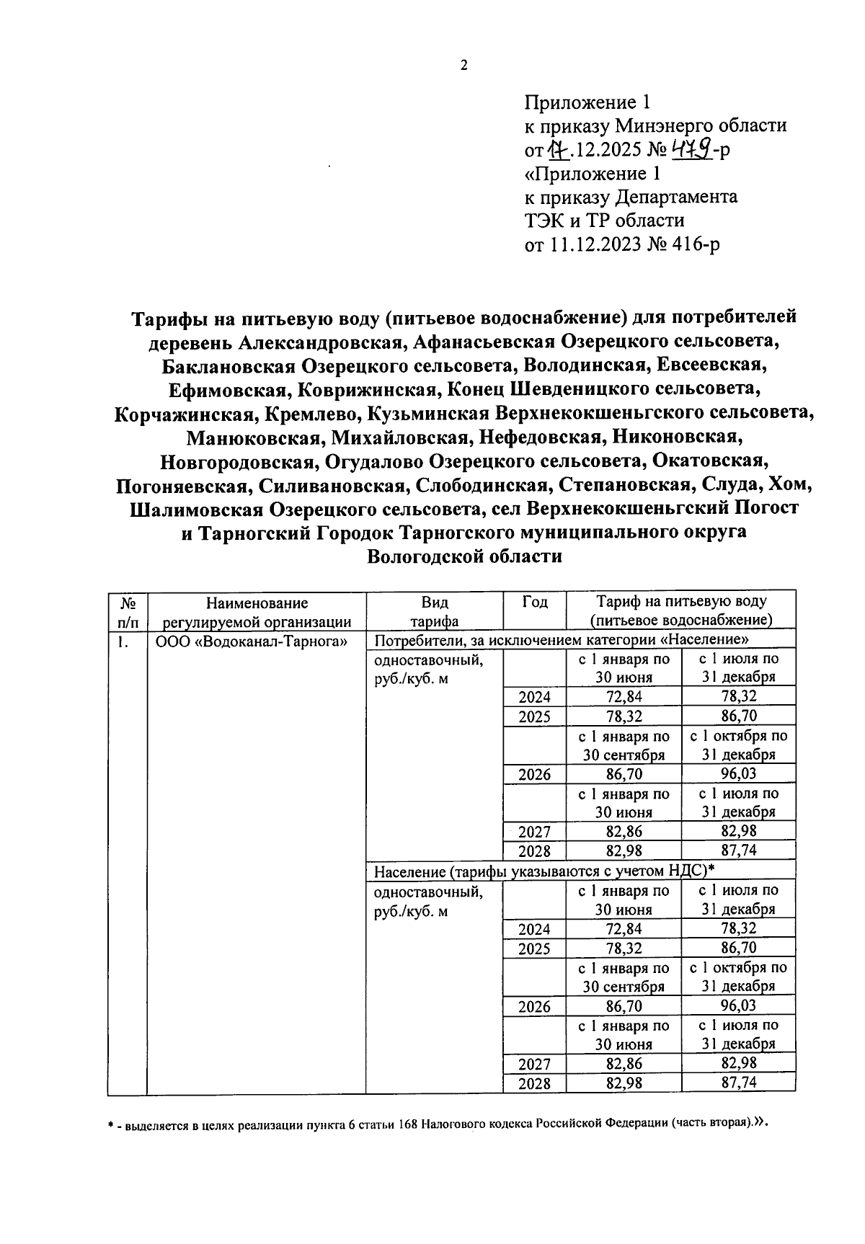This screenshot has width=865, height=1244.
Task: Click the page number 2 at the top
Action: point(463,66)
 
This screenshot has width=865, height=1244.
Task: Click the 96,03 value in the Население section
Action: point(739,1006)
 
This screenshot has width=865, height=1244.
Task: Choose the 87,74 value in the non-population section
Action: point(739,850)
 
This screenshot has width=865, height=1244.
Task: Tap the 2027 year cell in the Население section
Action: point(534,1064)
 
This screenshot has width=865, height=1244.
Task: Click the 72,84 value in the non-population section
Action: point(624,696)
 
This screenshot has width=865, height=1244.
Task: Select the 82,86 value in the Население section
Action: point(624,1064)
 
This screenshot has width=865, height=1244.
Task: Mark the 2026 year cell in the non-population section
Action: point(534,774)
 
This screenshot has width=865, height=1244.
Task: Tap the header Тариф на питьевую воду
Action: point(681,601)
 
